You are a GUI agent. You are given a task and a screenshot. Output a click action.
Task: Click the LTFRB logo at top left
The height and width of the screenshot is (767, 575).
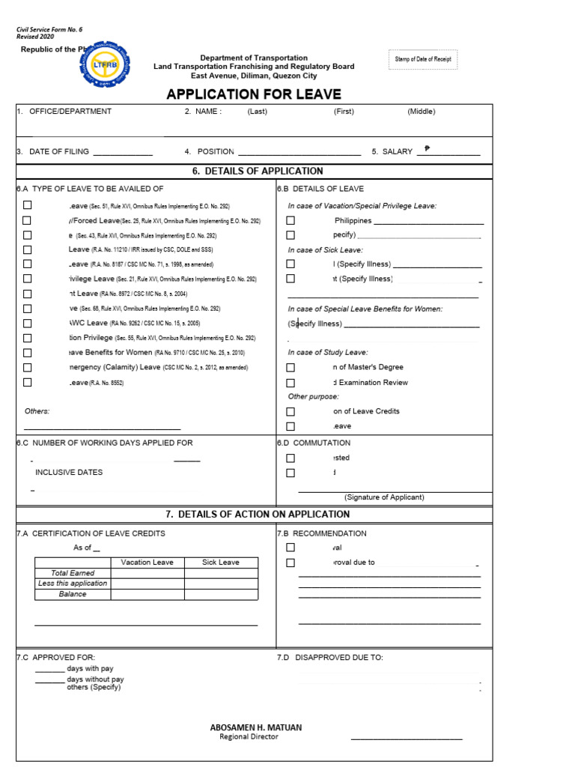(x=103, y=65)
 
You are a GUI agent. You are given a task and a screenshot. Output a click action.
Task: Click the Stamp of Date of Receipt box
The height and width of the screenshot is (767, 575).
(x=423, y=59)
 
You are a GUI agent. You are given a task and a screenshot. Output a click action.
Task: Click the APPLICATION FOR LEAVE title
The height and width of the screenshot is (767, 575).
(x=254, y=94)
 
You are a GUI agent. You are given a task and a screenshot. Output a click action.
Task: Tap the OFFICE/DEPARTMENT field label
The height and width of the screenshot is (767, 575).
(x=70, y=112)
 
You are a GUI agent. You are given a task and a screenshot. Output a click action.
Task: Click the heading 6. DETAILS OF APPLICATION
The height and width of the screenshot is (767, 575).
(x=258, y=172)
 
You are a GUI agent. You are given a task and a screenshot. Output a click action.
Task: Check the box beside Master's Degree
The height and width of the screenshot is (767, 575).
(x=290, y=368)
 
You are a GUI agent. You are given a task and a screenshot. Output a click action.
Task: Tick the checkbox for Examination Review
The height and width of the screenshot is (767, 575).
(x=290, y=383)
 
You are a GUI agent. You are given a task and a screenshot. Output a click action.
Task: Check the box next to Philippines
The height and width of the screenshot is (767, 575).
(x=290, y=221)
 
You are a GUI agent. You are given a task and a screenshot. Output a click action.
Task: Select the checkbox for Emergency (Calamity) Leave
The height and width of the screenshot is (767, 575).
(x=27, y=368)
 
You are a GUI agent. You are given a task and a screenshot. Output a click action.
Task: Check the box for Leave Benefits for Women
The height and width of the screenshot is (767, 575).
(x=27, y=353)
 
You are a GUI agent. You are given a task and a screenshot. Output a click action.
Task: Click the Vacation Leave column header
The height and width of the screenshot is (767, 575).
(x=147, y=563)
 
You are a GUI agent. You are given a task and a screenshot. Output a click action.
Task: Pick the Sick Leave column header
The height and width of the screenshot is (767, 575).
(x=221, y=563)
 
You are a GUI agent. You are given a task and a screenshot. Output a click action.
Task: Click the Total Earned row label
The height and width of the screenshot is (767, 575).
(x=73, y=573)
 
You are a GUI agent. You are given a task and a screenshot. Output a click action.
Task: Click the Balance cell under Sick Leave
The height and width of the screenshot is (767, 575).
(x=221, y=595)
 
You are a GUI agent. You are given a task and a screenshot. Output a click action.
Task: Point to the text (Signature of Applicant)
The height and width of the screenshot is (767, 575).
(x=384, y=497)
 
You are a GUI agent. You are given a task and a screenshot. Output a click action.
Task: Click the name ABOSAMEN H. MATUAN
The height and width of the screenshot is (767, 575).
(x=256, y=727)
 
